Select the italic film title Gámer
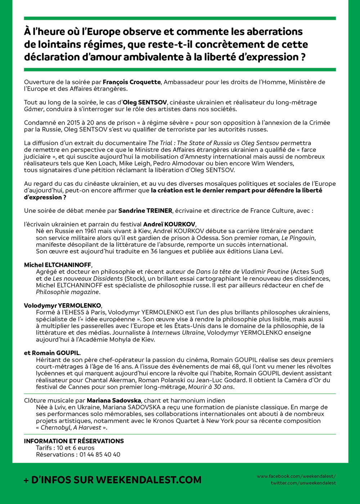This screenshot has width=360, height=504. (33, 109)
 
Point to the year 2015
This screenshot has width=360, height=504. (73, 123)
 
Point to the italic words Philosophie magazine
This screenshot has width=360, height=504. (67, 292)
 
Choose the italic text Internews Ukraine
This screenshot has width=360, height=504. (178, 333)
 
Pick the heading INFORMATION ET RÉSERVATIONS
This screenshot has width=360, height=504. (74, 441)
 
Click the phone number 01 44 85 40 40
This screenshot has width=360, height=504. (100, 455)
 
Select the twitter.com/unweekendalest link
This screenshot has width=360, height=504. (303, 483)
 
